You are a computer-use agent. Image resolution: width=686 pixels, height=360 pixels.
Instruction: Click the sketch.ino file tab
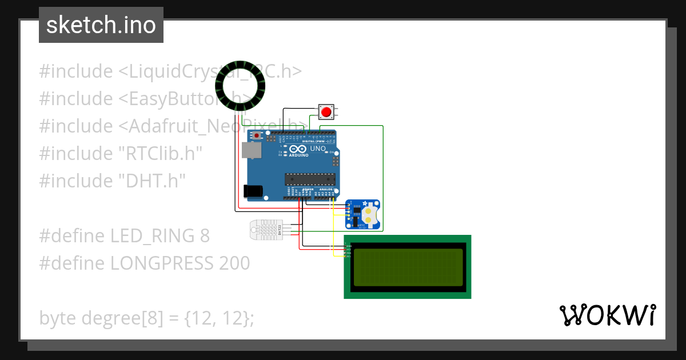101,25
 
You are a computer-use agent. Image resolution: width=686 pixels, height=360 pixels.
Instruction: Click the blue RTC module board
362,215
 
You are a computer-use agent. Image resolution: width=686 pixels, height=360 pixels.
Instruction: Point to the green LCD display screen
408,267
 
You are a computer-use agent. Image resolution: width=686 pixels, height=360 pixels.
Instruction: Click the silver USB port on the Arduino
252,150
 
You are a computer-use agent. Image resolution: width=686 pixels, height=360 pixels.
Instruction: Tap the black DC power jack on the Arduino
253,191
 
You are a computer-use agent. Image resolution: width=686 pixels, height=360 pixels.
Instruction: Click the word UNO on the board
318,149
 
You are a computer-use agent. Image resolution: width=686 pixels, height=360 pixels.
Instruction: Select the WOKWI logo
608,315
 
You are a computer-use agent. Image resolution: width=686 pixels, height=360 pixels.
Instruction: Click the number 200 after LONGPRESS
234,263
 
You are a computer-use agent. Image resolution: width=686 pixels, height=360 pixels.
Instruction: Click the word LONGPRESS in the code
163,263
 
